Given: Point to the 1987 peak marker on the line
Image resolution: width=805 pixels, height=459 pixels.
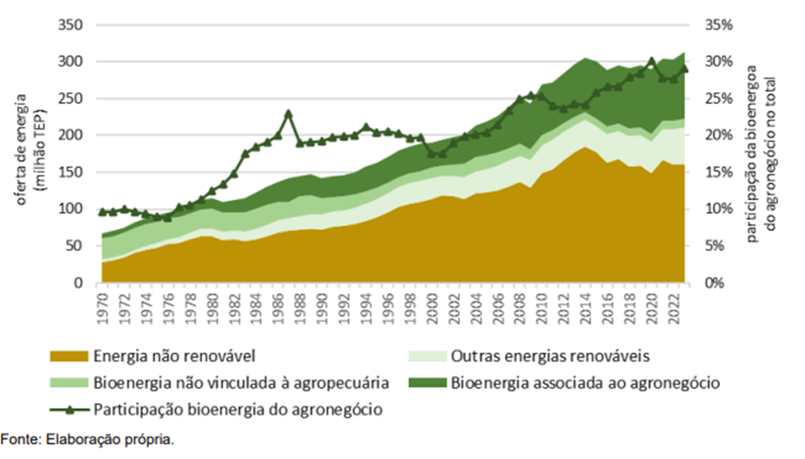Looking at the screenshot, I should coord(288,113).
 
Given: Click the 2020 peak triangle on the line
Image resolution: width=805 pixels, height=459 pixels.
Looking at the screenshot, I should coord(651,61).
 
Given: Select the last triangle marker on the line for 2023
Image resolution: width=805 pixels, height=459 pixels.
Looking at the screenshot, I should coord(685,69).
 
